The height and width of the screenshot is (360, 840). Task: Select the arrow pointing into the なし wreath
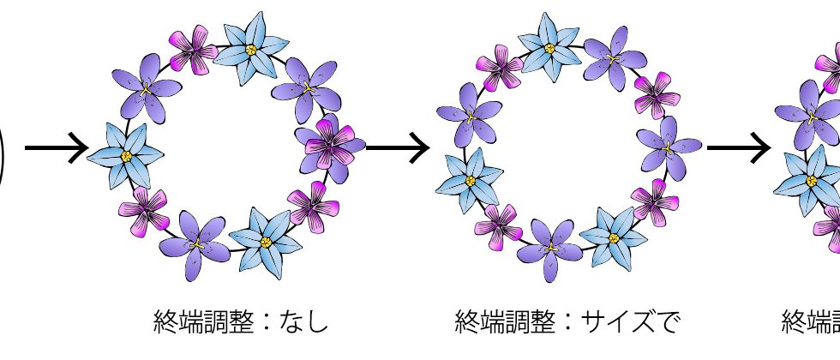point(57,147)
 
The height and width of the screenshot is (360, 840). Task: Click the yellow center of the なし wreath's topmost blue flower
point(251,51)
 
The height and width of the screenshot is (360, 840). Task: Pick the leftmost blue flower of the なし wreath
point(126,155)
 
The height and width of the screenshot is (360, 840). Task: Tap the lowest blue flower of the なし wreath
point(266,241)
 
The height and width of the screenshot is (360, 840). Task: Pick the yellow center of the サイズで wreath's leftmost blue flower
point(470,180)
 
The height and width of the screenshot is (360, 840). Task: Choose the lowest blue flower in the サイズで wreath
point(614,239)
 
